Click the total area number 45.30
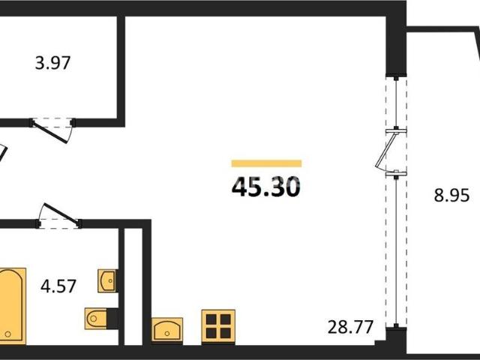click(x=266, y=187)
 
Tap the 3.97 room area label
click(x=53, y=63)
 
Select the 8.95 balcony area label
click(x=451, y=195)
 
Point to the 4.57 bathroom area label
click(x=58, y=286)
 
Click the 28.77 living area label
click(x=350, y=327)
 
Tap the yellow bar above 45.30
click(x=266, y=163)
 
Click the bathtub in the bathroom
click(x=12, y=306)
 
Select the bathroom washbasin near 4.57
click(x=107, y=280)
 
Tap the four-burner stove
click(x=218, y=326)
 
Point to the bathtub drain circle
click(x=8, y=334)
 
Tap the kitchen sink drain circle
click(x=166, y=333)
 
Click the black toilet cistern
click(x=112, y=318)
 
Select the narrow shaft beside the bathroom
click(x=133, y=286)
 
